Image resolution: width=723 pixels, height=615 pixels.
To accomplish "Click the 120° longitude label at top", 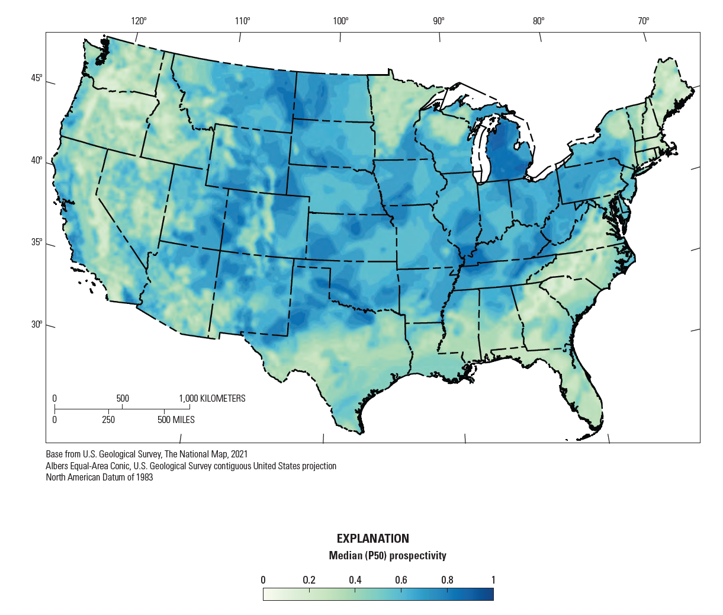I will click(139, 21).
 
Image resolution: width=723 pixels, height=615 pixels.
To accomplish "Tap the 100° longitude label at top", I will click(340, 21).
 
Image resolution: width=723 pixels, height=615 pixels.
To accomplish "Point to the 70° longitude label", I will click(643, 21).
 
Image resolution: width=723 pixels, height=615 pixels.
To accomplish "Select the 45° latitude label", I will click(37, 79).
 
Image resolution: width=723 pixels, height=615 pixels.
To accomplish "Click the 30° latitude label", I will click(37, 325).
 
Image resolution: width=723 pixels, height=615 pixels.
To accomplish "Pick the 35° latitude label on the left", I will click(37, 242).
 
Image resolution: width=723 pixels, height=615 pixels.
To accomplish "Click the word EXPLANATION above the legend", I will click(372, 539).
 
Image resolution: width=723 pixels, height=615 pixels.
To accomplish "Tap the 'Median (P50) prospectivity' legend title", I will click(387, 556).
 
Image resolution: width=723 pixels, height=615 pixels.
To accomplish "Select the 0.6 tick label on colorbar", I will click(401, 580).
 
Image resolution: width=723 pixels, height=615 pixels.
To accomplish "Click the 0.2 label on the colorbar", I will click(309, 580).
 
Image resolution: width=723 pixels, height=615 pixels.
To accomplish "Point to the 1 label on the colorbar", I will click(493, 580).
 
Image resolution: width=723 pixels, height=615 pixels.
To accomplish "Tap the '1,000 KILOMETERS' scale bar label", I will click(212, 399).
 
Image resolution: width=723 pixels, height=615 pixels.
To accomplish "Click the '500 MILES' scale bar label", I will click(176, 420).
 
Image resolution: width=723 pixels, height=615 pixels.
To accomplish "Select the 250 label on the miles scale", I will click(108, 420).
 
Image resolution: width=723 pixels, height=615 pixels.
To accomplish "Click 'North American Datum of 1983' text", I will click(99, 478).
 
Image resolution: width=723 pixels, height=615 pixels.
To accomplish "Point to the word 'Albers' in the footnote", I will click(57, 466).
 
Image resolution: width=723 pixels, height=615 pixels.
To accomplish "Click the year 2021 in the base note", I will click(238, 454).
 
